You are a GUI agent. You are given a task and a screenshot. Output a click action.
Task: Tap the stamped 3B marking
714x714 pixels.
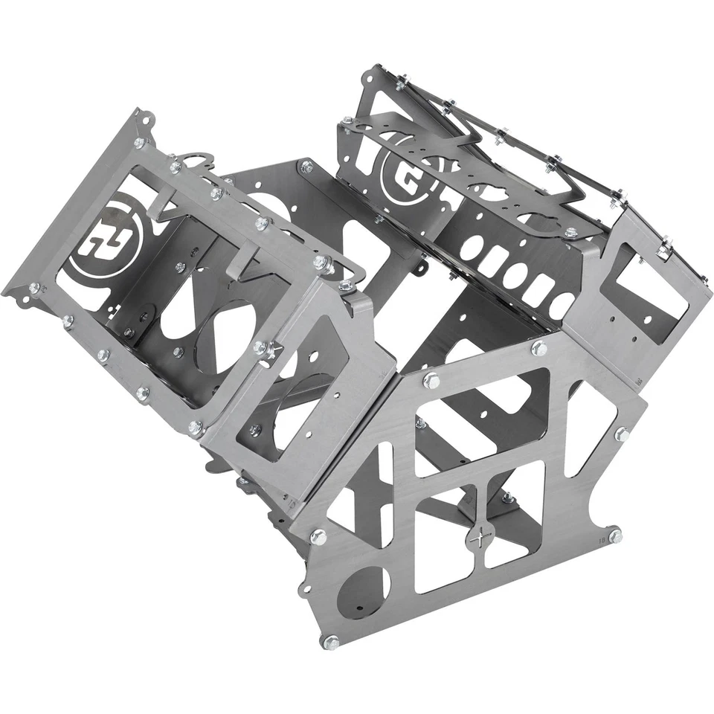(x=638, y=379)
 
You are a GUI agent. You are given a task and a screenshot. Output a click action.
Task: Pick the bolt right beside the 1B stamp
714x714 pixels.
(x=614, y=533)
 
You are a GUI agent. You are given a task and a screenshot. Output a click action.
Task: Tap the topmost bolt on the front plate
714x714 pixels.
(x=538, y=347)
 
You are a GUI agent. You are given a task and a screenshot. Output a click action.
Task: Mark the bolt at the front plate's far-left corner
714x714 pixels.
(x=318, y=535)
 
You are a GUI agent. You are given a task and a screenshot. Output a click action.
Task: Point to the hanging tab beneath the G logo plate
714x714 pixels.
(x=422, y=264)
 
